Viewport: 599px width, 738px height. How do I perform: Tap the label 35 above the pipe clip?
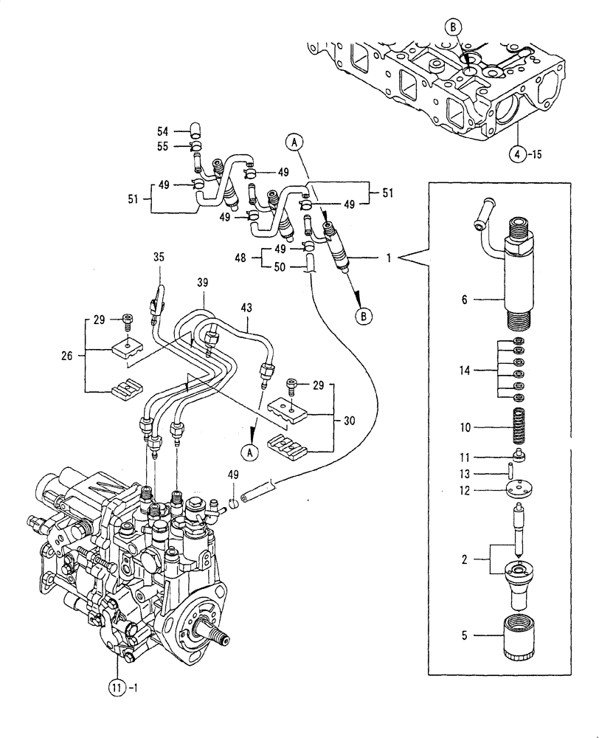coord(159,258)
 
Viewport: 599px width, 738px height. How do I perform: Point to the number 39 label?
coord(203,283)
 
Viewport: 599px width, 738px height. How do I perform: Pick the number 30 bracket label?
coord(349,421)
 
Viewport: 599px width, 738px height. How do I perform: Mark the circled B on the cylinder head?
coord(454,27)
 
